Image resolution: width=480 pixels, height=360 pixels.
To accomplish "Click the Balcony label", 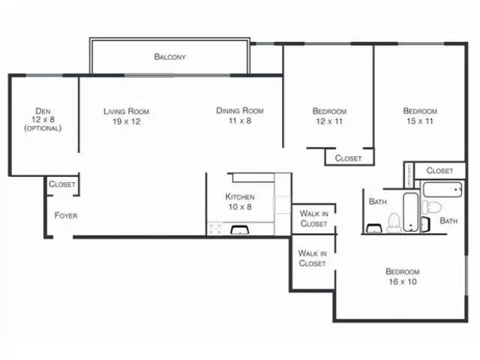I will [169, 56].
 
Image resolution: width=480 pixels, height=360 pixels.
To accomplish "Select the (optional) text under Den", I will [42, 128].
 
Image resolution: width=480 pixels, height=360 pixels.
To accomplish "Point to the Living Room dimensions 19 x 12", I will [126, 121].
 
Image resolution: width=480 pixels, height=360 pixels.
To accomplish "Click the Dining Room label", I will [239, 110].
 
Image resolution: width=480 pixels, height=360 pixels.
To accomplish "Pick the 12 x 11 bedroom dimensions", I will [329, 121].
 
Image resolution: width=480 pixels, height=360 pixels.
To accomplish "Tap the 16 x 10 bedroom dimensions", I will [402, 281].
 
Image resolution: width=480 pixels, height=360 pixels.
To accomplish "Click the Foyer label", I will [66, 215].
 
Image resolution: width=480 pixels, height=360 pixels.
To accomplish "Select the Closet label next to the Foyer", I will [61, 184].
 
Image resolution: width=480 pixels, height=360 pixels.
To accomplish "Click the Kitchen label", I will [240, 197].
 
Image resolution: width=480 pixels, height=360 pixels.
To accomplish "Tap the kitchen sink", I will [241, 230].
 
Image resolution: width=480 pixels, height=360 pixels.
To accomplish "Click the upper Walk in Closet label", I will [313, 218].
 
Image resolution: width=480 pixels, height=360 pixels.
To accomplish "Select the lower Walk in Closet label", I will [312, 258].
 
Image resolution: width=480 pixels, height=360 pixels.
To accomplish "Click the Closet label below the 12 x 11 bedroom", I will [348, 158].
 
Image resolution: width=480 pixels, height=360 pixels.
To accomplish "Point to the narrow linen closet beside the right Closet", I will [409, 175].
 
